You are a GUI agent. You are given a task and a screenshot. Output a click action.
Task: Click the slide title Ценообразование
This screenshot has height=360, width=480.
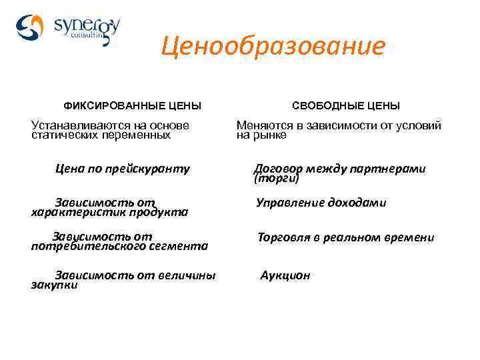coord(273,47)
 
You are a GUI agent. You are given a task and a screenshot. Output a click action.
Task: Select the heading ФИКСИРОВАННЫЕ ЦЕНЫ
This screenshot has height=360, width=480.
coord(132,106)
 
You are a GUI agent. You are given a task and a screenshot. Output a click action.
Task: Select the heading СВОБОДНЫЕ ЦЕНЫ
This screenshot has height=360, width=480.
coord(346,106)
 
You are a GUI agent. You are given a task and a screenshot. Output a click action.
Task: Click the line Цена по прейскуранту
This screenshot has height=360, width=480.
coord(123,169)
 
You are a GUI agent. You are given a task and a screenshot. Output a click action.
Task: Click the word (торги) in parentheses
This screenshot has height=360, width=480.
coord(277,179)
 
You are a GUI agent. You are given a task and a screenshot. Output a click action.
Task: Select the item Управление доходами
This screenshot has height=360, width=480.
coord(321,203)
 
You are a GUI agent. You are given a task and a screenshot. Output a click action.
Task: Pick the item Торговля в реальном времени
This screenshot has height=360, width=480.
coord(346,237)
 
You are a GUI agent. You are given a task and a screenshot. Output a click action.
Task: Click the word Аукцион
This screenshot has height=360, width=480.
coord(285,275)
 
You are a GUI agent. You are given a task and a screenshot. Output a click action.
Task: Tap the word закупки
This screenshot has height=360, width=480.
coord(55,285)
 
